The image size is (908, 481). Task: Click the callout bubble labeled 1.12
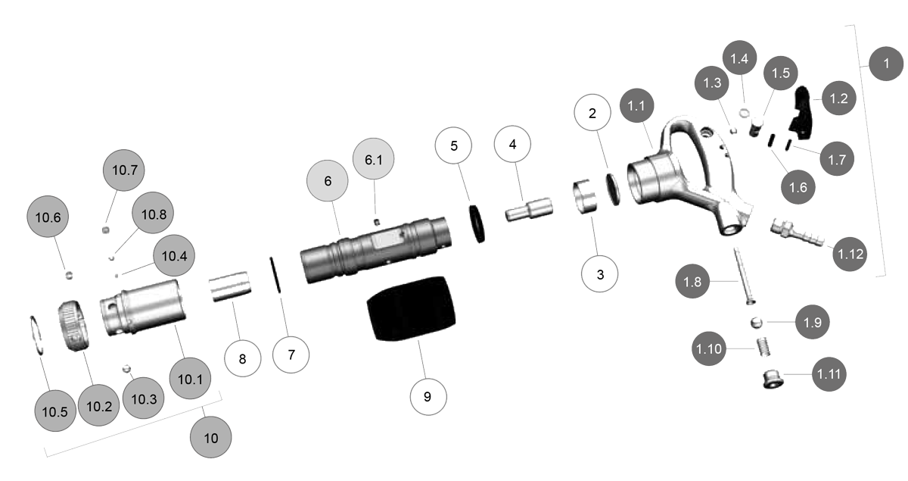point(851,255)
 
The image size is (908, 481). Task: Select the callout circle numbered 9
point(428,395)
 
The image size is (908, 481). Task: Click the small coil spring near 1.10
point(764,348)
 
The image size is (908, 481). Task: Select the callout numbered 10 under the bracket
point(211,438)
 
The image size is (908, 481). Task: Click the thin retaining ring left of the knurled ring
point(37,333)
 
